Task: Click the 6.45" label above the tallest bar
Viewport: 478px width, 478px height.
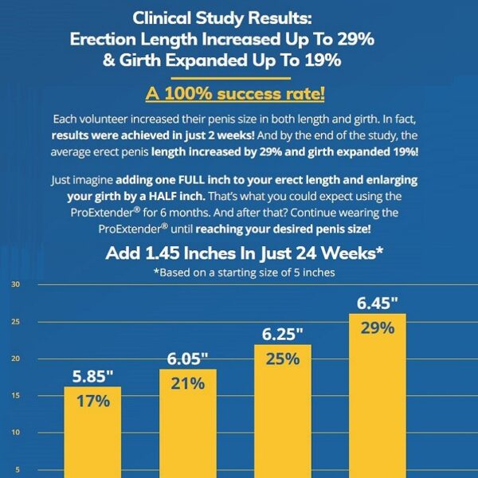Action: tap(377, 304)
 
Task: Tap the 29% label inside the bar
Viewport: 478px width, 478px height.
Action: tap(377, 328)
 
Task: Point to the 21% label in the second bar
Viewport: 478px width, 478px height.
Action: tap(188, 383)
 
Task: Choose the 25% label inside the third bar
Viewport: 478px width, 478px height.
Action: tap(282, 358)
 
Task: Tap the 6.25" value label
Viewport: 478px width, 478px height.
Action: tap(282, 333)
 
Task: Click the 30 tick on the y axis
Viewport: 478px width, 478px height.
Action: tap(17, 284)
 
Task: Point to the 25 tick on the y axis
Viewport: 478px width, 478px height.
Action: tap(17, 322)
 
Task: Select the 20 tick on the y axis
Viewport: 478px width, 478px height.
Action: tap(17, 358)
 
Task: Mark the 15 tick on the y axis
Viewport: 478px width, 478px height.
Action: tap(17, 396)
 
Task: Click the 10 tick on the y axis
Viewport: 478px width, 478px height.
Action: tap(17, 433)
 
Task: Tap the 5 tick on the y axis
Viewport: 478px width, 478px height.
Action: tap(17, 469)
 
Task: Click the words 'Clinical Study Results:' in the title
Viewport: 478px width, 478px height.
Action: tap(238, 18)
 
